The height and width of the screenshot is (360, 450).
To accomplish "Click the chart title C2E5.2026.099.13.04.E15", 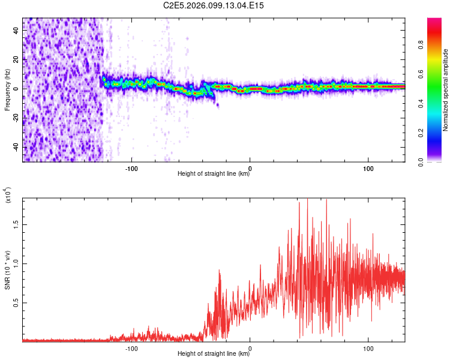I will coord(214,5).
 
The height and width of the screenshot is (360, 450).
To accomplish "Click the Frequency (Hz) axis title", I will coord(7,90).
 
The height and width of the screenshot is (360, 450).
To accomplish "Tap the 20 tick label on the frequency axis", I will coord(16,60).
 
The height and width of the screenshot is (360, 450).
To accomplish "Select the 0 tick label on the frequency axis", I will coord(16,89).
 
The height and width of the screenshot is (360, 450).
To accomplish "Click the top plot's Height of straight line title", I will coord(214,175).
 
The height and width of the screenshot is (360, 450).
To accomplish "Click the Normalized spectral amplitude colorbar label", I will coord(445,90).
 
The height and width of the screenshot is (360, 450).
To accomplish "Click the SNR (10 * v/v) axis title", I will coord(7,270).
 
